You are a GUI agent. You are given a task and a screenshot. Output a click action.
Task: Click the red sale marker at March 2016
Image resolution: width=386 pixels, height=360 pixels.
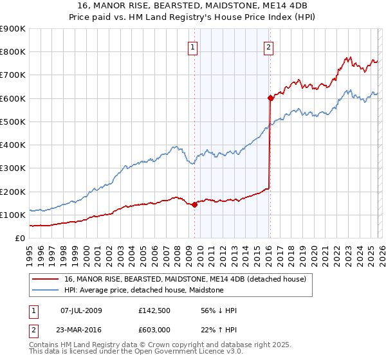point(270,98)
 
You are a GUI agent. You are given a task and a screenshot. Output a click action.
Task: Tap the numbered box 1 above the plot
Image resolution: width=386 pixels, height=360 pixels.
point(193,46)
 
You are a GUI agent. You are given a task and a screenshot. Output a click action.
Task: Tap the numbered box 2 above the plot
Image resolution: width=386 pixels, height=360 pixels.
point(268,46)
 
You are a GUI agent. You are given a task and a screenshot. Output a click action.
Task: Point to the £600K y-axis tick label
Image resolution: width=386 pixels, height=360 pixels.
point(13,98)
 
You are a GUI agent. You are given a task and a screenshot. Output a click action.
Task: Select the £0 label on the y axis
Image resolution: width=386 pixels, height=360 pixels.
point(20,238)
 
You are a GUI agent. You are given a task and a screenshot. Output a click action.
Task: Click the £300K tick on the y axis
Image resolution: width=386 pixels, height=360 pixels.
point(13,168)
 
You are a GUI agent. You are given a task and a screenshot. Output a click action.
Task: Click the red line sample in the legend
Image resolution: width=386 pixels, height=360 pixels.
point(46,279)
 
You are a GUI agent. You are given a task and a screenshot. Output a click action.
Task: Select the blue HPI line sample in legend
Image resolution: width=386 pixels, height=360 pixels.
point(46,290)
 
